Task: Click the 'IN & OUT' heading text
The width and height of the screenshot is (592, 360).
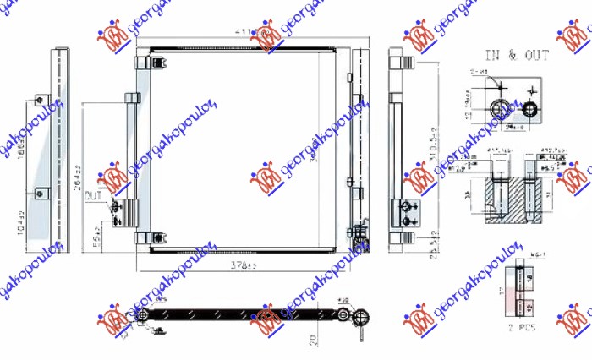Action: [517, 56]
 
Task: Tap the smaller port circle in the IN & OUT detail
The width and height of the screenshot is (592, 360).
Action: [531, 109]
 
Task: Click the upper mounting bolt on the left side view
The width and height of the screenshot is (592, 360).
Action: [39, 102]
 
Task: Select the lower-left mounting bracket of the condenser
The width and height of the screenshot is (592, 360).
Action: [144, 238]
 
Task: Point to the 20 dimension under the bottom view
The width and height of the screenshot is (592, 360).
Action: [313, 340]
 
